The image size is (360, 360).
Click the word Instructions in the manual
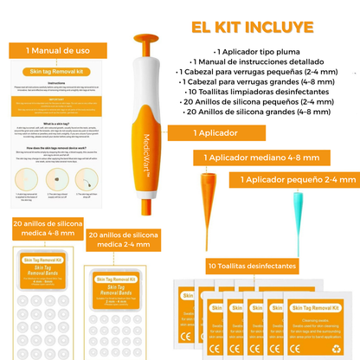point(55,83)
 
